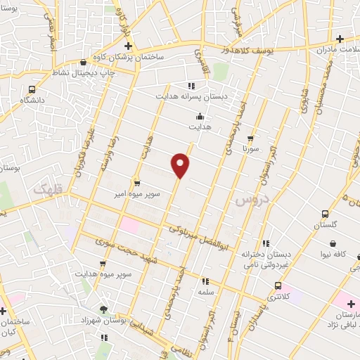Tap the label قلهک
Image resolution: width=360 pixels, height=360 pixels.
click(47, 188)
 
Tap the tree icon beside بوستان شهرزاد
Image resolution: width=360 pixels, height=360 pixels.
click(105, 309)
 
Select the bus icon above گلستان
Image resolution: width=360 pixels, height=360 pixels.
click(325, 214)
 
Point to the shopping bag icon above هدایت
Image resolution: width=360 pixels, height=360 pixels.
click(200, 117)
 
